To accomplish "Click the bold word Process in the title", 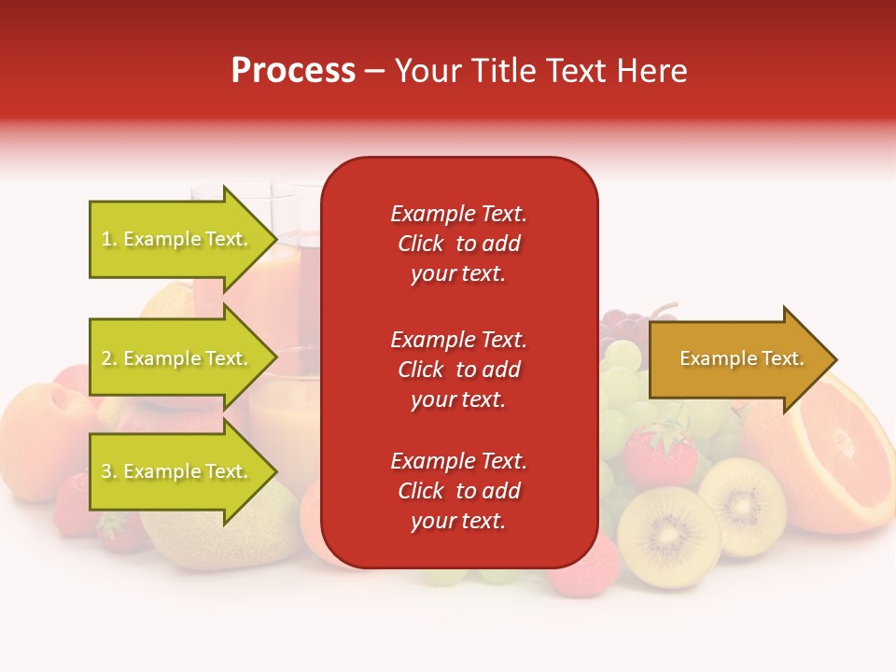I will [x=293, y=71].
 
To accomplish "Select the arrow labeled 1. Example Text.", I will [x=177, y=239].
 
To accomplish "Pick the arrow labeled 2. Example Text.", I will [x=177, y=358].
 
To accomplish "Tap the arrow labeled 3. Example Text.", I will [x=177, y=471].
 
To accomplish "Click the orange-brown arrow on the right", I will [x=737, y=359].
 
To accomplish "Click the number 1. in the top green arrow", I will [x=109, y=240].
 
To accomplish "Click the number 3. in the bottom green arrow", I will [x=109, y=472].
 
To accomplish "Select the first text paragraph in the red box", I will [x=458, y=244].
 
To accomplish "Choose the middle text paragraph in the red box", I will [x=458, y=370].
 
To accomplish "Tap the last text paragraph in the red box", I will [x=458, y=491].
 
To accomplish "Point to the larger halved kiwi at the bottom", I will [x=668, y=537].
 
